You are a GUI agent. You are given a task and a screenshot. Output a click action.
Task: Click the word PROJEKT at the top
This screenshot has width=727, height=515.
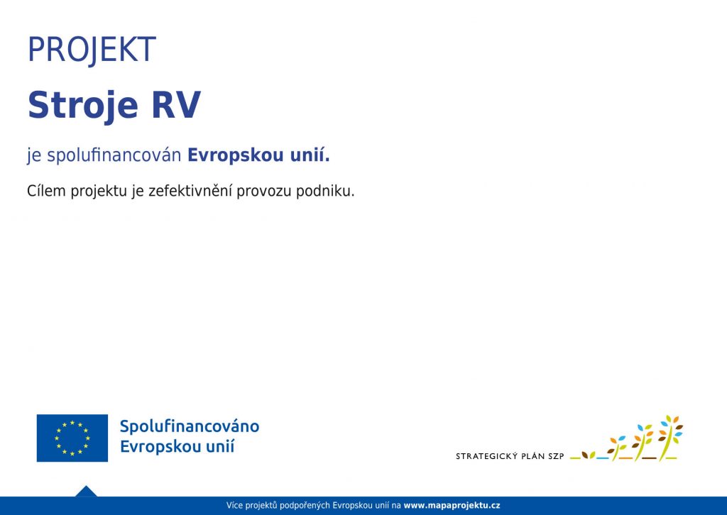click(x=92, y=50)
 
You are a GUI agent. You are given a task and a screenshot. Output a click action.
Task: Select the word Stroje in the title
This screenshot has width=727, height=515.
click(x=83, y=106)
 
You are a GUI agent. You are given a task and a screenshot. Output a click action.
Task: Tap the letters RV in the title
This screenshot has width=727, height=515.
click(x=176, y=105)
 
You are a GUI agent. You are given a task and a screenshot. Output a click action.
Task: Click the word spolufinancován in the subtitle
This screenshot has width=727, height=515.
click(x=114, y=155)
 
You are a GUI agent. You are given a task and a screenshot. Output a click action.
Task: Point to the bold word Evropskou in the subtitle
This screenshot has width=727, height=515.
click(x=236, y=155)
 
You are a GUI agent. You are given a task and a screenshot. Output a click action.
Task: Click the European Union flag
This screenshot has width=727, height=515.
click(x=72, y=438)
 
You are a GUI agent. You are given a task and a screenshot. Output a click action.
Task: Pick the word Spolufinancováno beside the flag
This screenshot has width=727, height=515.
click(x=190, y=426)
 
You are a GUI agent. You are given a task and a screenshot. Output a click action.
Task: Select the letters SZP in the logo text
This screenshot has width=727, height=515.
click(x=556, y=456)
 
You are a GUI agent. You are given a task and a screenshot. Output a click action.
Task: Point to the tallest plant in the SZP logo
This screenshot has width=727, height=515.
click(x=670, y=438)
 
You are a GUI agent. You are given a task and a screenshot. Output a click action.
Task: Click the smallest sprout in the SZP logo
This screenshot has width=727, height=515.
click(x=589, y=455)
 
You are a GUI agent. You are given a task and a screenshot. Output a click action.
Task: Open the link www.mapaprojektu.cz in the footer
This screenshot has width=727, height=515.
click(x=452, y=505)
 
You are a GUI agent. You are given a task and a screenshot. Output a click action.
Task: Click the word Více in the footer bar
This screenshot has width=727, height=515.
click(x=234, y=505)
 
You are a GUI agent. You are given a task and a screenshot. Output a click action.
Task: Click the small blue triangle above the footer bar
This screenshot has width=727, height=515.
click(x=86, y=492)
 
